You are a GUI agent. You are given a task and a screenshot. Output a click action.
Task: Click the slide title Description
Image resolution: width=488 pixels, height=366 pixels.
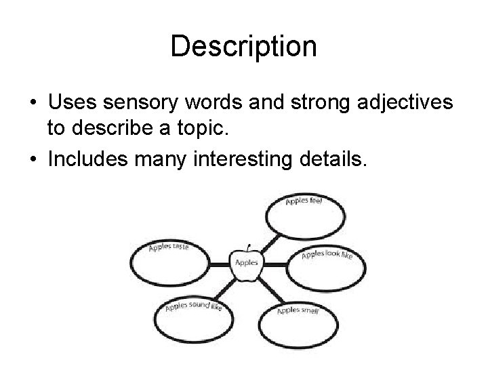click(243, 47)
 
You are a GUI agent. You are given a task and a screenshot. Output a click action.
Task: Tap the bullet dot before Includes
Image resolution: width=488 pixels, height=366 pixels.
click(33, 161)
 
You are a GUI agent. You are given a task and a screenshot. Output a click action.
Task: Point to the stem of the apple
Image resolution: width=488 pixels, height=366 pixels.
click(249, 247)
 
